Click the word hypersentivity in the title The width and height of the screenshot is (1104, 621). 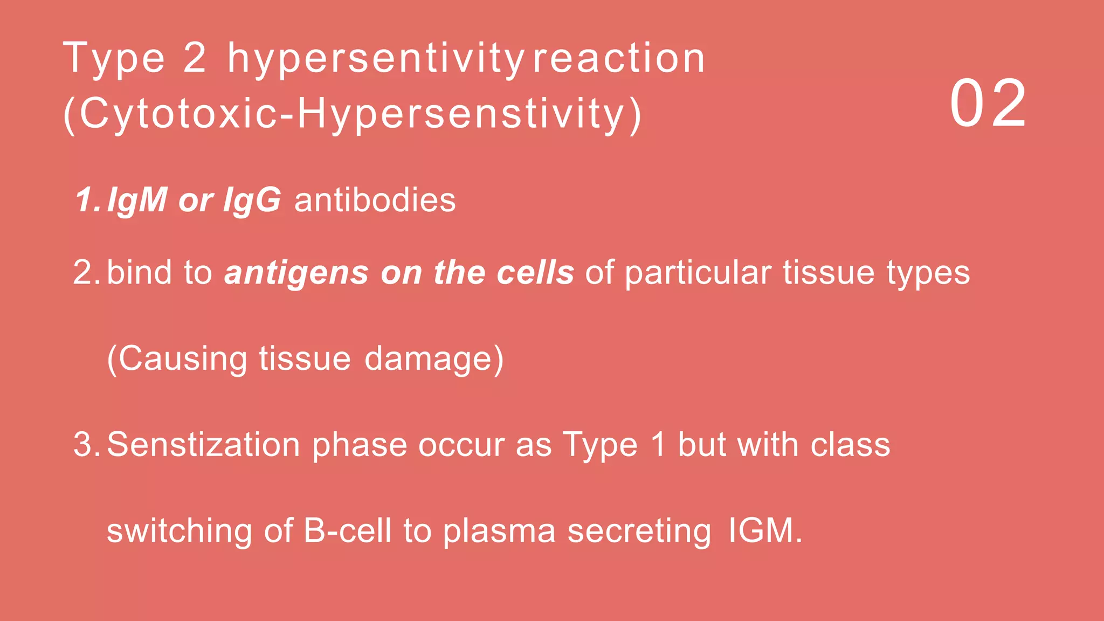click(375, 59)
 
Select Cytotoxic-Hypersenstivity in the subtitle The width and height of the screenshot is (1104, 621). click(353, 114)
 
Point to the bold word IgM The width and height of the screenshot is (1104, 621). click(137, 201)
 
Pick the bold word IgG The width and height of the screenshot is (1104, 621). click(252, 201)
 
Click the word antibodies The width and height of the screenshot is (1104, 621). click(375, 200)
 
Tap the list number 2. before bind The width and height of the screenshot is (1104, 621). click(86, 272)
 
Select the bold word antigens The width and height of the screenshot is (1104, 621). click(296, 273)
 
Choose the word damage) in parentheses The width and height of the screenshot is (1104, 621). click(434, 359)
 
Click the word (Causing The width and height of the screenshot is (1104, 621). click(177, 359)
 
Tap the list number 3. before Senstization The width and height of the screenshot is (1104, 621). click(86, 445)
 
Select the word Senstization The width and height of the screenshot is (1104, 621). click(203, 445)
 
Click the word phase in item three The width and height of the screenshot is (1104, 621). click(360, 446)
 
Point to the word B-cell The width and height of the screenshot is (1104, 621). click(347, 530)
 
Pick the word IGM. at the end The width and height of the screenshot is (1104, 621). click(765, 530)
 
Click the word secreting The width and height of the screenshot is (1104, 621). click(639, 532)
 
